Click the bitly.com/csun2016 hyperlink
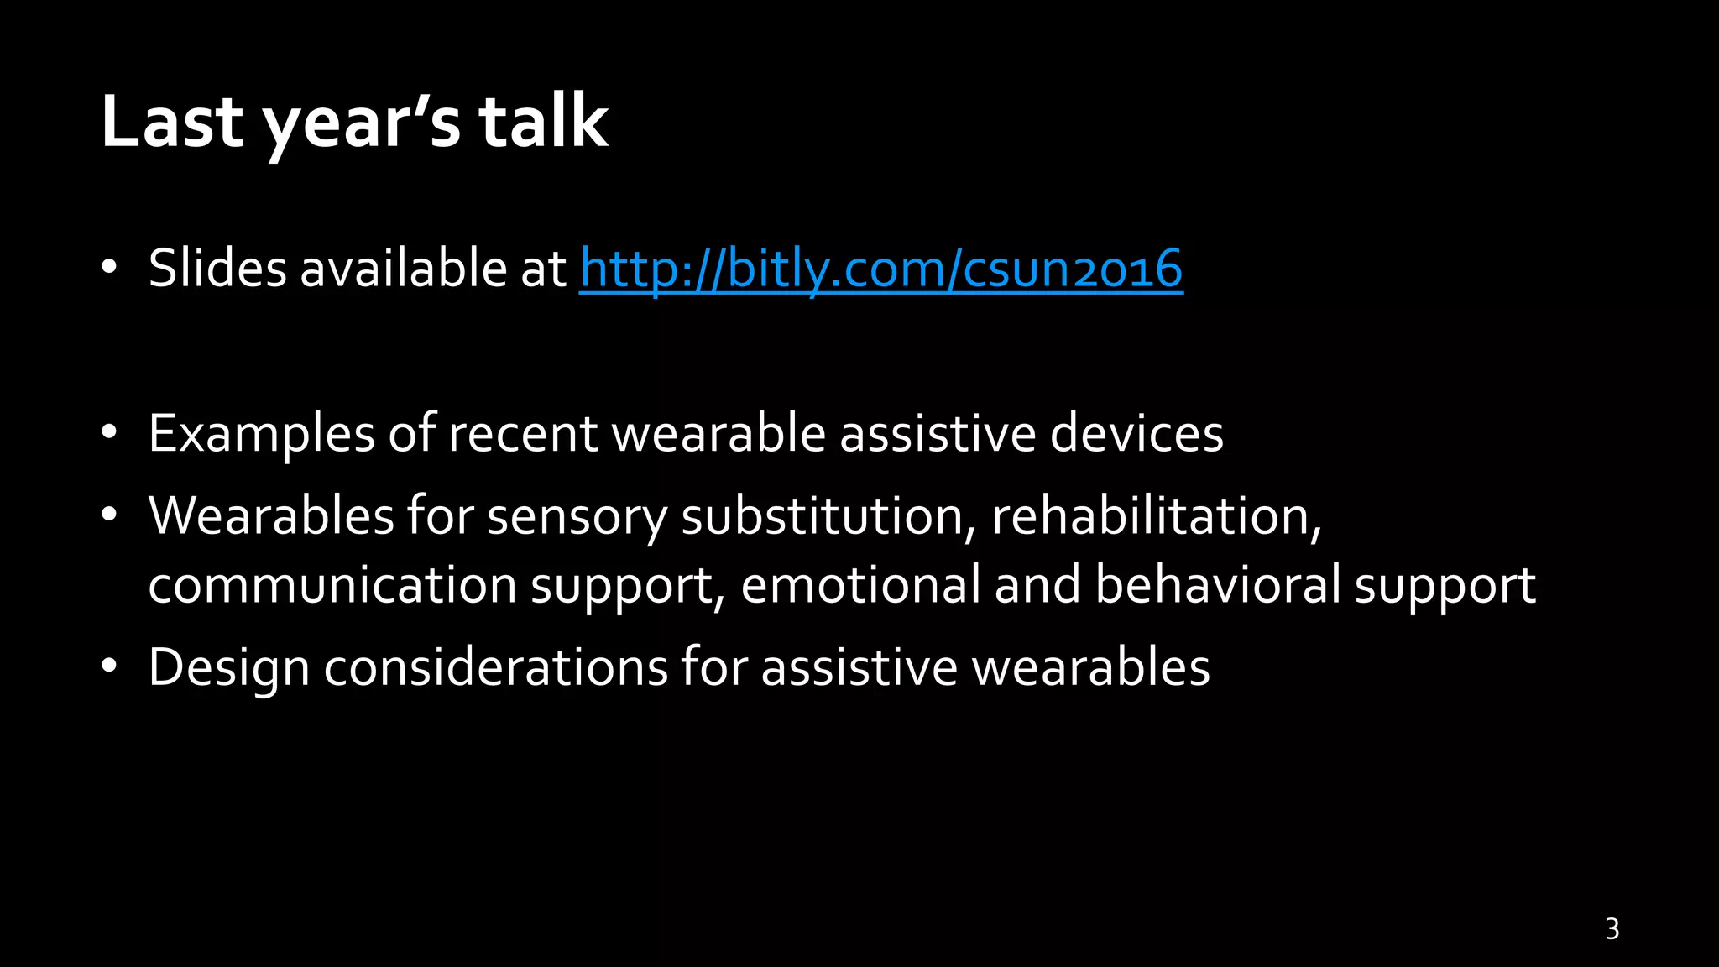pos(881,269)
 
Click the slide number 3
pos(1612,929)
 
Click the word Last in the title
pos(172,122)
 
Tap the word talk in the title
pos(543,122)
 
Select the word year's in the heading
pos(362,126)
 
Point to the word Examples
pos(261,435)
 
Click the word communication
pos(332,585)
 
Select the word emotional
pos(860,585)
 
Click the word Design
pos(229,669)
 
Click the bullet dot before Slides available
pos(108,269)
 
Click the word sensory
pos(577,517)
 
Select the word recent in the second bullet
pos(522,434)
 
